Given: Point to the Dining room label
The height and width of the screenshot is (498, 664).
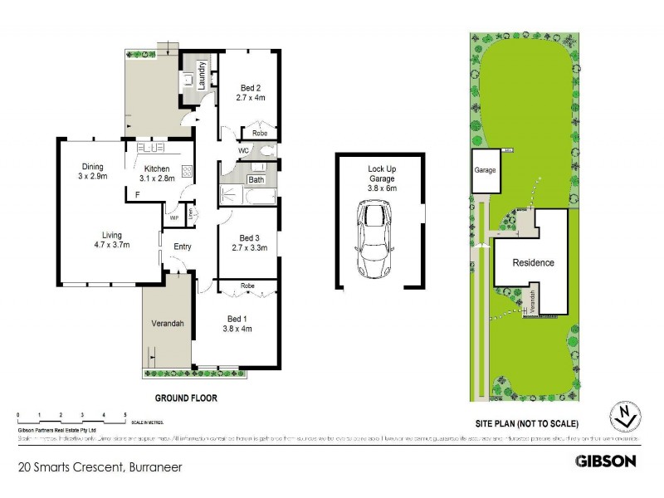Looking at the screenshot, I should click(x=91, y=171).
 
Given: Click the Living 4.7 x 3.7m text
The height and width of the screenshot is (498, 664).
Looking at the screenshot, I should click(x=110, y=239).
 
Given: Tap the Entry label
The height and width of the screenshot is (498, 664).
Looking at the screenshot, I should click(x=183, y=247).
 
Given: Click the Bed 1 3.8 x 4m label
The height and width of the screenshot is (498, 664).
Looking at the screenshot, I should click(x=237, y=324).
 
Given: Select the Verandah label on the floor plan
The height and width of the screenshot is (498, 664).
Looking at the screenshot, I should click(x=166, y=324).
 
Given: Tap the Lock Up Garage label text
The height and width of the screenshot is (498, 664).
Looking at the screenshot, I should click(x=383, y=178).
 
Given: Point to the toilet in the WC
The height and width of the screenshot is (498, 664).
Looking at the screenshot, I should click(x=266, y=152).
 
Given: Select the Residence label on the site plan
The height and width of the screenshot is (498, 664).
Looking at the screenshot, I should click(x=532, y=262).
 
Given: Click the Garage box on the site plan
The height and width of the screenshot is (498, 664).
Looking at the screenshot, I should click(x=485, y=171).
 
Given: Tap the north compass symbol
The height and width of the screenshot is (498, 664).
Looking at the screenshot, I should click(x=627, y=413).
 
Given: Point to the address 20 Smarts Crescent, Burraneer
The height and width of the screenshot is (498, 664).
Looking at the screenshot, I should click(x=100, y=467).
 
